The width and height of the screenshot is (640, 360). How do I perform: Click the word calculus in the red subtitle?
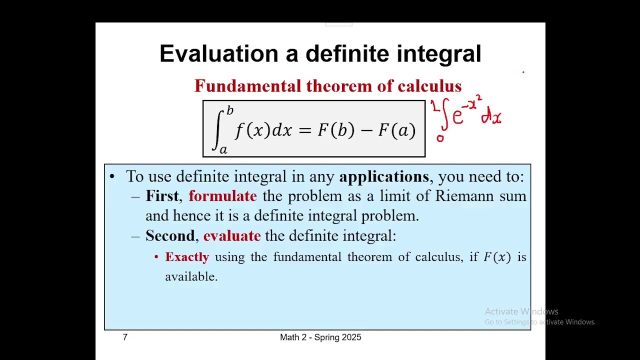[429, 86]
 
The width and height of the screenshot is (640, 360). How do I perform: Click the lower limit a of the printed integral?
[223, 149]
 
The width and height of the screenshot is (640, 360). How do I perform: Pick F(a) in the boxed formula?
[397, 130]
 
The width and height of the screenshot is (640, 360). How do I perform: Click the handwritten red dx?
[491, 117]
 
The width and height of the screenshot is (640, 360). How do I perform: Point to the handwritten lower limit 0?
[440, 138]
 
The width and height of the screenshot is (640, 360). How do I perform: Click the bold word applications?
[383, 176]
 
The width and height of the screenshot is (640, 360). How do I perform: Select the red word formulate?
[222, 196]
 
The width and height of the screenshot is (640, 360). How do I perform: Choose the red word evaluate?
[231, 235]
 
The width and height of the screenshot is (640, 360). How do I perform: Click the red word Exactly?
[187, 257]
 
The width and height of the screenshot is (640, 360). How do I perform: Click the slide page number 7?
[125, 337]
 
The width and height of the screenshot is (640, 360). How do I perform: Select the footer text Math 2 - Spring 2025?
[320, 337]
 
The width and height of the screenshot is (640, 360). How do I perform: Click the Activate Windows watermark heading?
[521, 311]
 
